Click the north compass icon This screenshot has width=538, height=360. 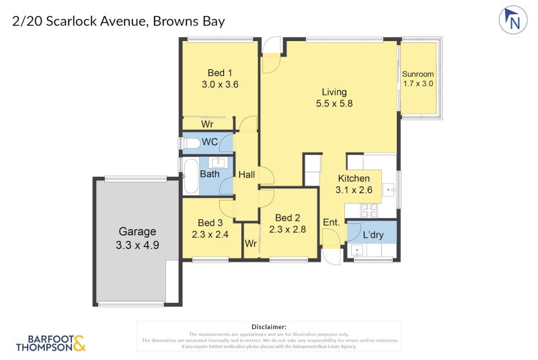click(513, 20)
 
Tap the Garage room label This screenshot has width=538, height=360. click(137, 231)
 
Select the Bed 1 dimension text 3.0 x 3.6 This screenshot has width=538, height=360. click(220, 85)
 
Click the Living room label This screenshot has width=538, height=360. click(334, 92)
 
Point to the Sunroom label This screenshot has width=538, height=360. click(418, 74)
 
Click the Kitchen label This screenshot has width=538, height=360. click(354, 178)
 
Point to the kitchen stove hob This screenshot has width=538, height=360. click(370, 210)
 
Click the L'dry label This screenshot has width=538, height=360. click(373, 235)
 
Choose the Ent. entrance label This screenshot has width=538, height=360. click(331, 223)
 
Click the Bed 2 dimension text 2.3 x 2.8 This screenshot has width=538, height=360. click(288, 229)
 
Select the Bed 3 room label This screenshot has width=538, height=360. click(210, 223)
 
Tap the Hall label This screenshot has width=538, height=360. click(247, 174)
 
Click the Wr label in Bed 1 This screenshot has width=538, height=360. click(208, 124)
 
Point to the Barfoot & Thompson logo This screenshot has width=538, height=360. click(50, 343)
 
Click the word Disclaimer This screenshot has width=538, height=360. click(268, 326)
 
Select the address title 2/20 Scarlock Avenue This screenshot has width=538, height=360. click(81, 22)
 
